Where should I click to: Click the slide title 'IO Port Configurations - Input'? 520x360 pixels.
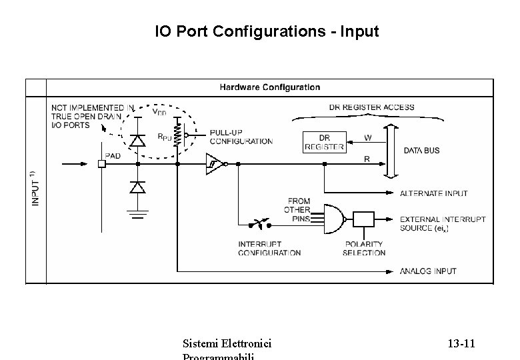click(x=267, y=31)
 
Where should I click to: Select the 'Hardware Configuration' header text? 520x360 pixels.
click(x=270, y=87)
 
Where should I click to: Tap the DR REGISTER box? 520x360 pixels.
click(x=324, y=142)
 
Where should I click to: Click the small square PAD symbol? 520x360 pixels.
click(x=102, y=163)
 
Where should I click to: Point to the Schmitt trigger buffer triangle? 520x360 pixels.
click(x=214, y=164)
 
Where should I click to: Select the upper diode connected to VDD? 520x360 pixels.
click(x=137, y=140)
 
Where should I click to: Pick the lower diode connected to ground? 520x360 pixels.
click(x=137, y=189)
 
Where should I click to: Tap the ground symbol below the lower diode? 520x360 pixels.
click(x=137, y=214)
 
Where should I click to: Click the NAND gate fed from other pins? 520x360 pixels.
click(x=333, y=219)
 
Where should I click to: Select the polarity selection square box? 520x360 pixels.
click(x=364, y=220)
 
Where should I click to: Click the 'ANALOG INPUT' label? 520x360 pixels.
click(x=428, y=271)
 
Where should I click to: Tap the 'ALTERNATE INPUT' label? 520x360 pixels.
click(x=433, y=193)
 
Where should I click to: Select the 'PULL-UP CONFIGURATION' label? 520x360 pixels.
click(x=241, y=137)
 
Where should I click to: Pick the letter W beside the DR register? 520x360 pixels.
click(x=367, y=138)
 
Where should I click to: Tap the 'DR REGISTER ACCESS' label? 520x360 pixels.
click(x=371, y=107)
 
